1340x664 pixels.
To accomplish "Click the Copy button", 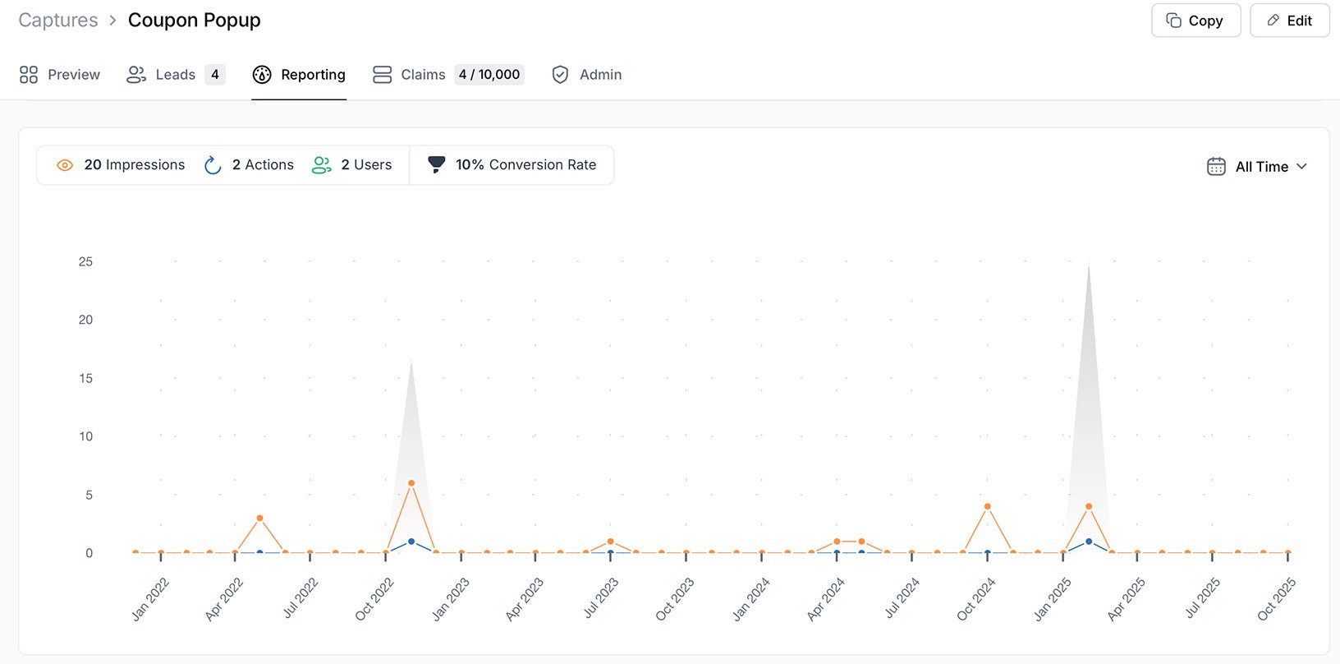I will pyautogui.click(x=1195, y=21).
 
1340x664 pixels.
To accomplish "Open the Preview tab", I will pyautogui.click(x=60, y=75).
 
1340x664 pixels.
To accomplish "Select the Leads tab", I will pyautogui.click(x=175, y=75).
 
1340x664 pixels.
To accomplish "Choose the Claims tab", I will pyautogui.click(x=423, y=75).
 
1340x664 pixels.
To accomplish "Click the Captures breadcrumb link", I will pyautogui.click(x=58, y=21).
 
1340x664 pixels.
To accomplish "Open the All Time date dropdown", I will pyautogui.click(x=1258, y=167).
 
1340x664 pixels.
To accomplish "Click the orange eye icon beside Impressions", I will pyautogui.click(x=65, y=165).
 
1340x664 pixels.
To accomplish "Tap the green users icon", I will pyautogui.click(x=322, y=165).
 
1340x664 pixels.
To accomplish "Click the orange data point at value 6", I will pyautogui.click(x=411, y=483).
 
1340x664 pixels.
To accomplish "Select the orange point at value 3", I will pyautogui.click(x=259, y=519).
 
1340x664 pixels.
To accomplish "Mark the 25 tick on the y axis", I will pyautogui.click(x=85, y=262).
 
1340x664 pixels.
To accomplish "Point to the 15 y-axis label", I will pyautogui.click(x=85, y=379).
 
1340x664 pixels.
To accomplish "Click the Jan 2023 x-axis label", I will pyautogui.click(x=451, y=598).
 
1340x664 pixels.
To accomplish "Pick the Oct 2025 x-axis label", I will pyautogui.click(x=1276, y=598).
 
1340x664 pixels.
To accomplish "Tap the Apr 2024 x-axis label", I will pyautogui.click(x=825, y=598).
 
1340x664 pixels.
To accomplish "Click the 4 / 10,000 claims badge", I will pyautogui.click(x=489, y=75).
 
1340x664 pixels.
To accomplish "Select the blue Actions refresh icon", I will pyautogui.click(x=213, y=165).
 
